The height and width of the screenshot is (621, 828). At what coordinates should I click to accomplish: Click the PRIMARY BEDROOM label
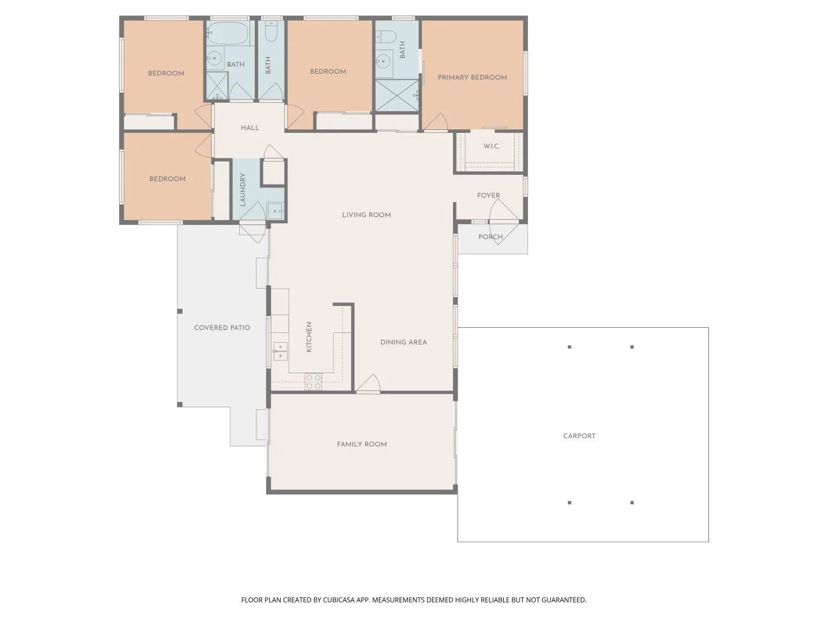tap(472, 78)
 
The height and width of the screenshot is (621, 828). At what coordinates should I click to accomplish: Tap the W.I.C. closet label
tap(491, 146)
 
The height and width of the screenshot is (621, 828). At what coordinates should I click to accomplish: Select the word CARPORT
tap(579, 436)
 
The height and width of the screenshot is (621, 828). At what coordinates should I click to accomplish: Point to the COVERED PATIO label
tap(222, 328)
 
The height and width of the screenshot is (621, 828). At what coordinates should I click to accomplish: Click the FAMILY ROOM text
tap(362, 444)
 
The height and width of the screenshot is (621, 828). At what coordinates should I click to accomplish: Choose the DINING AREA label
tap(403, 342)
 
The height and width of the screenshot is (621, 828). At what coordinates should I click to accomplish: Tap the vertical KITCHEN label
tap(309, 337)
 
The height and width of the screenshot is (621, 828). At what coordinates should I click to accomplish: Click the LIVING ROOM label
tap(366, 215)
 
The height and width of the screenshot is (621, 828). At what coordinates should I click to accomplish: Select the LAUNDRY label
tap(243, 190)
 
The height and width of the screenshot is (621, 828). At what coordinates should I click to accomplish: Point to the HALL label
tap(250, 128)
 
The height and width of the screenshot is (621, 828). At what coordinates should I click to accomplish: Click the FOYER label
tap(488, 195)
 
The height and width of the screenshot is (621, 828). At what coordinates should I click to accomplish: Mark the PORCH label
tap(490, 237)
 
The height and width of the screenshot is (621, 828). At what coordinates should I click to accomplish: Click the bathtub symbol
tap(228, 33)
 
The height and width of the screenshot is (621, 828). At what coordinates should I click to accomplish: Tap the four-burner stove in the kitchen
tap(313, 382)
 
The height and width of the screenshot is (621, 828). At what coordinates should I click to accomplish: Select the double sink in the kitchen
tap(280, 351)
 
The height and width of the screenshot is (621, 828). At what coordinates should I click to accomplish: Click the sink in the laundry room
tap(275, 211)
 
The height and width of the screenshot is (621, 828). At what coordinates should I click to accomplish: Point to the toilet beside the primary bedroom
tap(386, 37)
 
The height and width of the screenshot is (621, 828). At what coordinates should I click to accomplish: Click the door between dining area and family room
tap(368, 385)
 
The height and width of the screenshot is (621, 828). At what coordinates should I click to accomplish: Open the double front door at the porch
tap(504, 221)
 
